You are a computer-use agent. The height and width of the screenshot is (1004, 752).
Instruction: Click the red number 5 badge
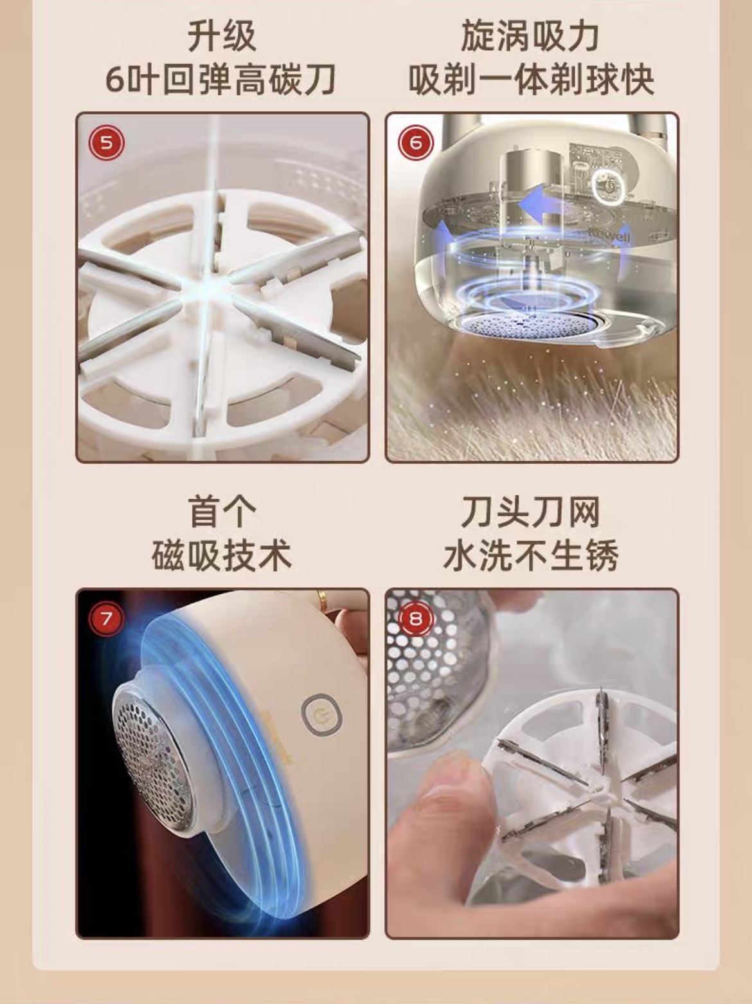106,143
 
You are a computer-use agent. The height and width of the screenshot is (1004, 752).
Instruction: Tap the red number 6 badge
415,143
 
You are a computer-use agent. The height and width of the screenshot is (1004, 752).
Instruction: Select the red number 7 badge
106,619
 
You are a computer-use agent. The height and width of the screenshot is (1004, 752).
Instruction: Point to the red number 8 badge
415,619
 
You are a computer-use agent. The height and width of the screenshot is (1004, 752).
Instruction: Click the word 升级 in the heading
222,37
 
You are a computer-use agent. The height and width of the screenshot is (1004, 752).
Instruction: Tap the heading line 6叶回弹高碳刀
221,80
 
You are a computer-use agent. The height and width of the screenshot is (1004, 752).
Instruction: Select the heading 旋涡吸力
530,37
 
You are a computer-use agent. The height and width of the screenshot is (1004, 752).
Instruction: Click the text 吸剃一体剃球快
531,80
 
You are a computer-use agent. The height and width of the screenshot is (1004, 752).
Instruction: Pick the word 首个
222,513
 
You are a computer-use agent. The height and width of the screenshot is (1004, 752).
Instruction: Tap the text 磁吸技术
222,555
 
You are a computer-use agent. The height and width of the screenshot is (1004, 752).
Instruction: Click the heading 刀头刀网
530,513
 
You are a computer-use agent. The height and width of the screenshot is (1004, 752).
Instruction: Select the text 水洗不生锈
531,555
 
